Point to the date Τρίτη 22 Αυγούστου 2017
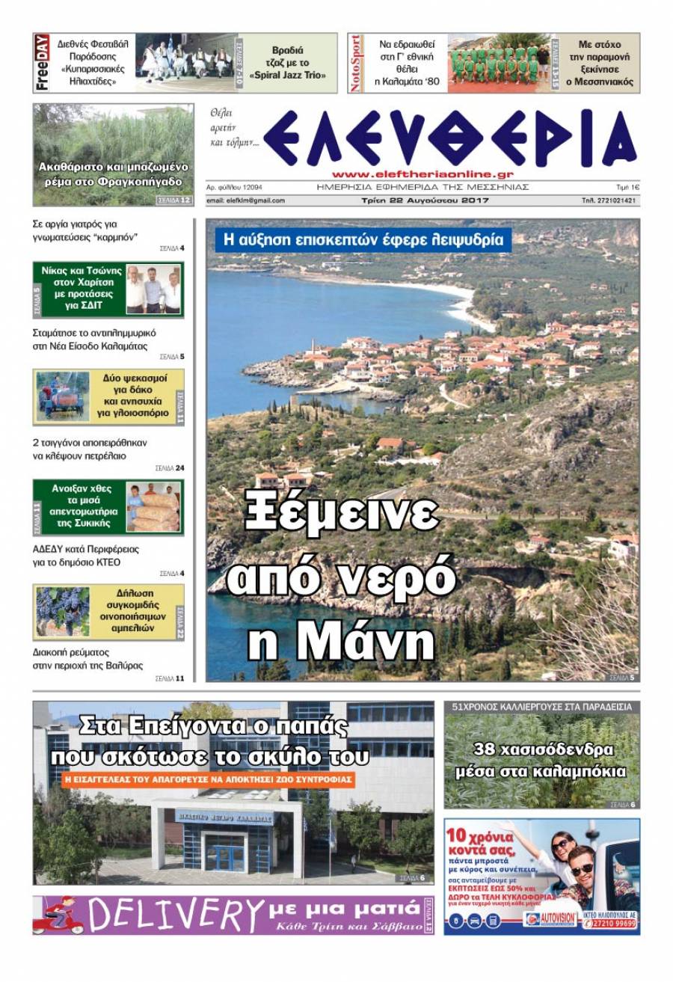tap(423, 200)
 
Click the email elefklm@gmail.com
tap(247, 200)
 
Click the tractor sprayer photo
tap(62, 396)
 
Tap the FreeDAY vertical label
tap(42, 63)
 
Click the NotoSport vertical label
tap(356, 63)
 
